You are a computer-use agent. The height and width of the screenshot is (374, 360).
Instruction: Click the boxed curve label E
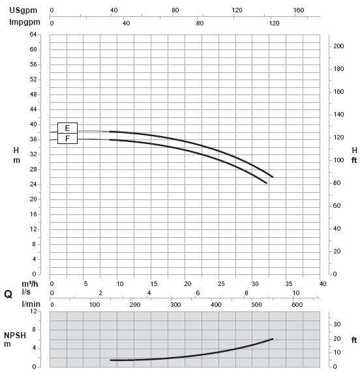67,128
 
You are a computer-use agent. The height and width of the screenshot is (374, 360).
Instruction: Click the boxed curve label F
67,139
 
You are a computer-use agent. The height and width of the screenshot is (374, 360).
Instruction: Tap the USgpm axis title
23,10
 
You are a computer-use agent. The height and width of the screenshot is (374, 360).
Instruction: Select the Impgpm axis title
25,22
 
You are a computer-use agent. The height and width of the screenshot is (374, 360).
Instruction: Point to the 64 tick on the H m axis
33,35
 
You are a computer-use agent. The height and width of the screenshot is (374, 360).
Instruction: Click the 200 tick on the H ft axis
338,46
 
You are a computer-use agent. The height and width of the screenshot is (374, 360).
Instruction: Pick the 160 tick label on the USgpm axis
299,10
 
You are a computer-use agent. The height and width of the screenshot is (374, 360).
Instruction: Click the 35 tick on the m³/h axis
289,284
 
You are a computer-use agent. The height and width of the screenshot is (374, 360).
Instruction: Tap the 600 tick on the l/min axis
297,304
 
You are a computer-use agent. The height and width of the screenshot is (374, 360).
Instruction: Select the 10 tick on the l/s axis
296,293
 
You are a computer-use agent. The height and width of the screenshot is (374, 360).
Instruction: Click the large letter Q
8,295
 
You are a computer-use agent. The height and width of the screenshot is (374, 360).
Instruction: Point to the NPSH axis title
15,336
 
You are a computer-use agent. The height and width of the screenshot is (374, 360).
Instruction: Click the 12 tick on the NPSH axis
34,311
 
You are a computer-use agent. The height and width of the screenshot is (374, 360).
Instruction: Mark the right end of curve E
273,177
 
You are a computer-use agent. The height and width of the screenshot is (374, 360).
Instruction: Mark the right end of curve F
267,183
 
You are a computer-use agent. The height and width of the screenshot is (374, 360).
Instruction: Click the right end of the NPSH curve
273,339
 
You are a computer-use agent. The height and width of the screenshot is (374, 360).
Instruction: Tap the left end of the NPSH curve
110,360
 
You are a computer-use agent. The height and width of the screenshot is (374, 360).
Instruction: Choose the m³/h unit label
30,284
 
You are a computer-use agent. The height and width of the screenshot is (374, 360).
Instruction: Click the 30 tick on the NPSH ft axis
337,324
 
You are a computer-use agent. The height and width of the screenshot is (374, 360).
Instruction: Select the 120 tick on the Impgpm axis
274,23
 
